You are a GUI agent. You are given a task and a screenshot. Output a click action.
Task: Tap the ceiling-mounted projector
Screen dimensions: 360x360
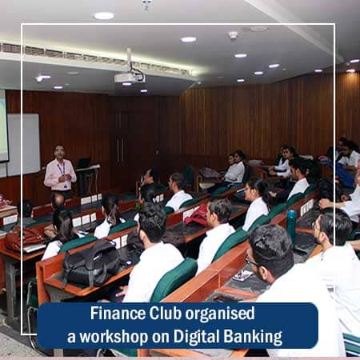pos(129,78)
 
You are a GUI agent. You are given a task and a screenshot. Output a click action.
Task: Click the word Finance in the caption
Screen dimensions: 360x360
pos(114,314)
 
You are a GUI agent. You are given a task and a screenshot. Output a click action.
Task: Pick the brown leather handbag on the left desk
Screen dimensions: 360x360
pos(25,238)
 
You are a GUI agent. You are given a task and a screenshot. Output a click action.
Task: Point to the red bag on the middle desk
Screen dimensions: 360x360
pos(197,214)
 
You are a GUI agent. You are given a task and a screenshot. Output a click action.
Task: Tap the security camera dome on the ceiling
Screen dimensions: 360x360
pos(233,35)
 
